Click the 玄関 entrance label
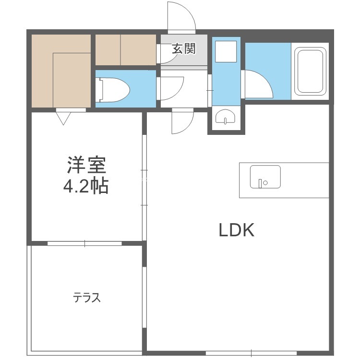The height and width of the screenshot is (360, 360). (x=184, y=48)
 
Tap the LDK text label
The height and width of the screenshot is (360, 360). (x=237, y=230)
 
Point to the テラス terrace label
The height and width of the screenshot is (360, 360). (x=87, y=298)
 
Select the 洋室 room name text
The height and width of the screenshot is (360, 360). (x=86, y=165)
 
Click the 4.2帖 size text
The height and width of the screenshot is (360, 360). (x=85, y=186)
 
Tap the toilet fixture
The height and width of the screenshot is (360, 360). (x=113, y=90)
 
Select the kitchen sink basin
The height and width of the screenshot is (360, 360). (x=265, y=177)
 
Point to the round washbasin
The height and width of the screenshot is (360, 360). (x=225, y=117)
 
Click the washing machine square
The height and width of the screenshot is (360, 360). (x=226, y=51)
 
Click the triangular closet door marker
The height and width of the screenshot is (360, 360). (x=63, y=118)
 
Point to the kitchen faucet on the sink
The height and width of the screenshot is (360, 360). (x=260, y=183)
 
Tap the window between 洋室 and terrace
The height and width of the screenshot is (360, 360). (x=84, y=243)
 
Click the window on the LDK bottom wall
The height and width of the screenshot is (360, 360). (x=251, y=353)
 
